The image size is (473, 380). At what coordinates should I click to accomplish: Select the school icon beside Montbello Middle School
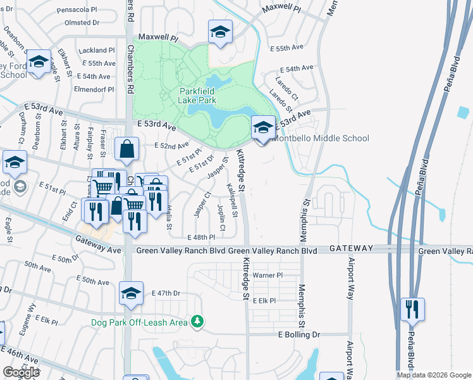[x=263, y=128]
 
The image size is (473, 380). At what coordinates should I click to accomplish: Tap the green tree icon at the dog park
[x=198, y=322]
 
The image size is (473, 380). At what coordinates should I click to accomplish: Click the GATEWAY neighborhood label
[x=350, y=248]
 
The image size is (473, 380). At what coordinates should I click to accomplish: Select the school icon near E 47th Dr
[x=131, y=293]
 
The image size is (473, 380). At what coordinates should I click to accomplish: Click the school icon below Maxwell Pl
[x=220, y=32]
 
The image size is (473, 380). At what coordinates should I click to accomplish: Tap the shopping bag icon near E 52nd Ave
[x=127, y=149]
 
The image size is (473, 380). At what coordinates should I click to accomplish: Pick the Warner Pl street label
[x=267, y=276]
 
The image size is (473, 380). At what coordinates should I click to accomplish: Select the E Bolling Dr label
[x=300, y=334]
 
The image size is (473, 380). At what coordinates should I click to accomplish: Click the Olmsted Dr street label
[x=83, y=22]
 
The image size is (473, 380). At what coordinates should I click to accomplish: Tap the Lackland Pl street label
[x=96, y=50]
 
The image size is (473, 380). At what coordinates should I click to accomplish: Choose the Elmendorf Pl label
[x=93, y=89]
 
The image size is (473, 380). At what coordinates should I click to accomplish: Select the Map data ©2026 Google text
[x=434, y=375]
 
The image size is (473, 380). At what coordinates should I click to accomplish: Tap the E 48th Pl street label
[x=201, y=237]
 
